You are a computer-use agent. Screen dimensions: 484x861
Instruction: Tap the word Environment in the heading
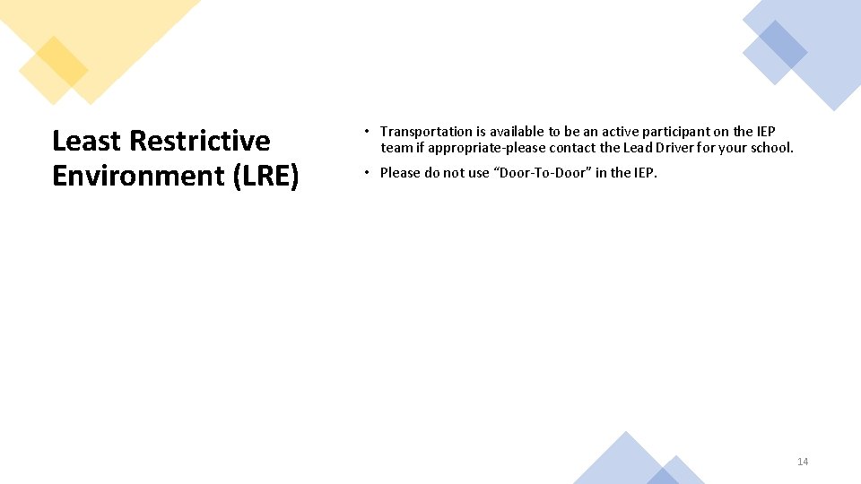point(138,176)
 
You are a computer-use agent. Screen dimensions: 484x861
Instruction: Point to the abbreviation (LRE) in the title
point(265,176)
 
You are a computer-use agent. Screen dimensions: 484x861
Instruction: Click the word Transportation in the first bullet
point(426,132)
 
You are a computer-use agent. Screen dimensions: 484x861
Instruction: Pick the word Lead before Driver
point(638,148)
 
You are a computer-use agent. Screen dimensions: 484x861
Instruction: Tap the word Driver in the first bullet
point(678,148)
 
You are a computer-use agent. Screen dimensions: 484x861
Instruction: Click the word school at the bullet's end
point(770,148)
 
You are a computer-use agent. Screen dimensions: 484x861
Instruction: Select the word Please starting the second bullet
point(401,173)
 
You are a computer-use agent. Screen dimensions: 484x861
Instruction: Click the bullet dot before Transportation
point(368,132)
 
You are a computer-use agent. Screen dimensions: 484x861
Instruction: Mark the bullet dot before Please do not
point(368,173)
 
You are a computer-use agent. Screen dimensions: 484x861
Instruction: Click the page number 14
point(803,462)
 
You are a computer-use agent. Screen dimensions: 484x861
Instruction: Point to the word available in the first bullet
point(516,132)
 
